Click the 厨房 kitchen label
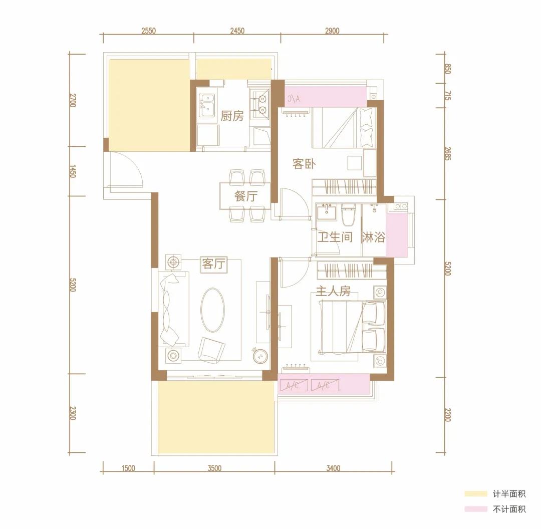[232, 116]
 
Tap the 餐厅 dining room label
[245, 196]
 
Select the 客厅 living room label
[213, 264]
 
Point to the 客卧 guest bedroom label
[304, 164]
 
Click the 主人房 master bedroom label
[333, 291]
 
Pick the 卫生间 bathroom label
[335, 237]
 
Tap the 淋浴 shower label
[373, 237]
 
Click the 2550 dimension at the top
[148, 31]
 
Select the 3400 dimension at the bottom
[333, 468]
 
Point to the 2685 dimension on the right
[447, 154]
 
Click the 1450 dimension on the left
[73, 171]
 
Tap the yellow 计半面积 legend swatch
[475, 494]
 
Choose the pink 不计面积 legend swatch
[475, 509]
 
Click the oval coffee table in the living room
[212, 310]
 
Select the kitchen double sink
[207, 106]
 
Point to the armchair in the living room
[211, 350]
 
